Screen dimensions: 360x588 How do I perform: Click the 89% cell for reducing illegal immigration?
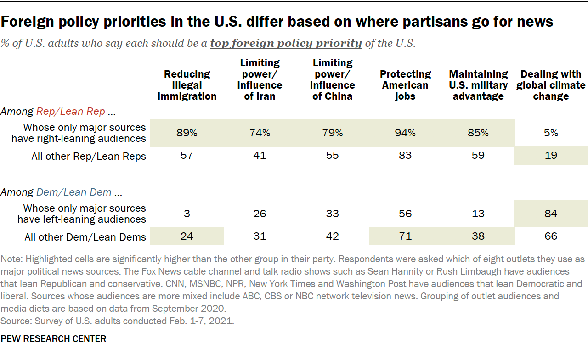pyautogui.click(x=187, y=133)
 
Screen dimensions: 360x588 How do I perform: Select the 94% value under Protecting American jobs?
pyautogui.click(x=405, y=133)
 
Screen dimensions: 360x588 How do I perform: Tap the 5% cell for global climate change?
pyautogui.click(x=551, y=133)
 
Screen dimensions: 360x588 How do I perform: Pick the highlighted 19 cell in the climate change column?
pyautogui.click(x=551, y=156)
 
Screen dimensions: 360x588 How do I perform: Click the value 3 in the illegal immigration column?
pyautogui.click(x=187, y=214)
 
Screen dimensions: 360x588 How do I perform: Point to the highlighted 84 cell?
pyautogui.click(x=551, y=214)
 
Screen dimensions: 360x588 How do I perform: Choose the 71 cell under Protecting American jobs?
pyautogui.click(x=405, y=236)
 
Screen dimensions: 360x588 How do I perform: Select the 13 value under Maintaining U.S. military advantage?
pyautogui.click(x=478, y=214)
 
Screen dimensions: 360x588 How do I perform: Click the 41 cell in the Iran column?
pyautogui.click(x=260, y=156)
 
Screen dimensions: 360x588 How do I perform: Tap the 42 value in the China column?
pyautogui.click(x=332, y=236)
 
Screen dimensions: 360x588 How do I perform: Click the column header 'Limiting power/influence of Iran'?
pyautogui.click(x=260, y=79)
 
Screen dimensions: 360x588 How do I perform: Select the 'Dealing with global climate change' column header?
pyautogui.click(x=551, y=85)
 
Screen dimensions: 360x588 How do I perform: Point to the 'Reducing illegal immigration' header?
pyautogui.click(x=187, y=85)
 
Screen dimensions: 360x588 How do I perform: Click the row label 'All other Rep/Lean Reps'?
pyautogui.click(x=89, y=156)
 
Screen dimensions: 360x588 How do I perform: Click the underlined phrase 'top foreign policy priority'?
pyautogui.click(x=286, y=44)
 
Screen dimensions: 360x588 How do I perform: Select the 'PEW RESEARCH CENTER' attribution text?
pyautogui.click(x=54, y=339)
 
